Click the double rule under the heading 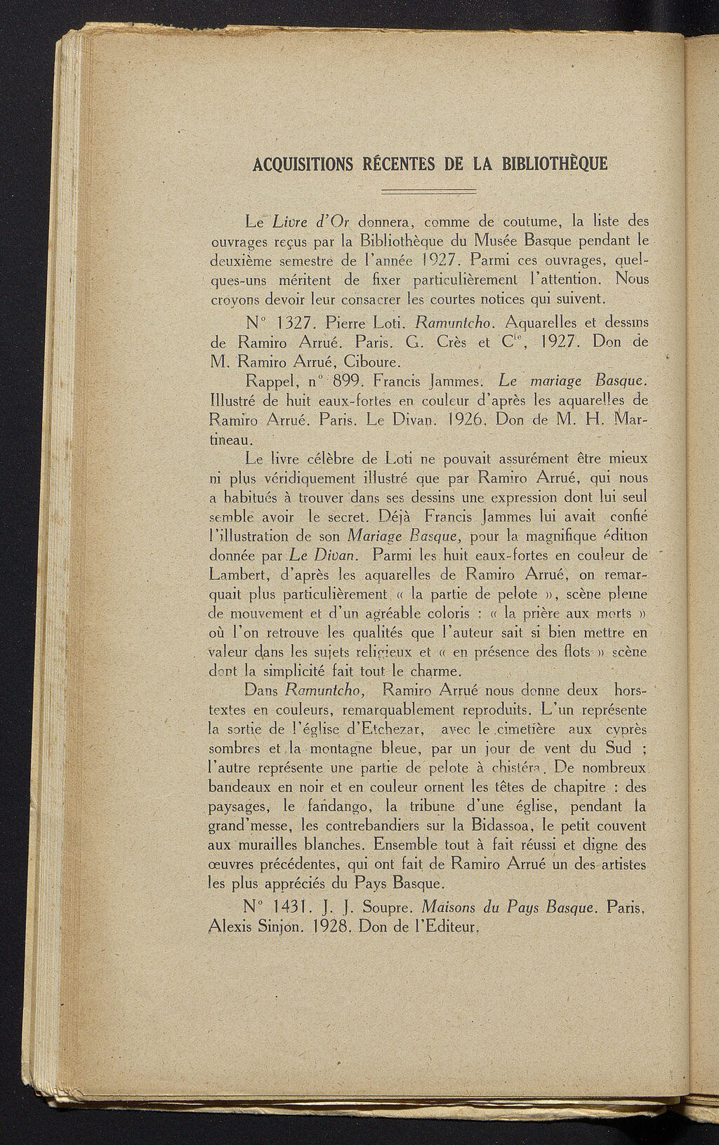(x=428, y=192)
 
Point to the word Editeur (x=447, y=928)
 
